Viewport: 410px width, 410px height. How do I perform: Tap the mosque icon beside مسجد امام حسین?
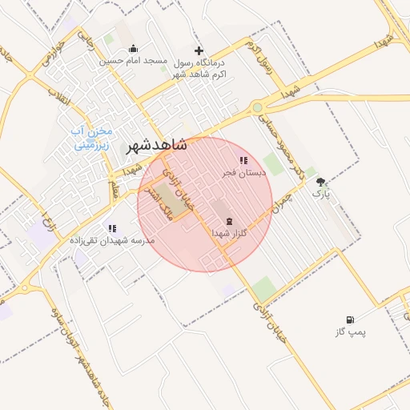click(132, 49)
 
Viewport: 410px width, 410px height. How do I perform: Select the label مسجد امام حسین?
click(133, 61)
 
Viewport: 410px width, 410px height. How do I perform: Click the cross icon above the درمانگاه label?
click(199, 50)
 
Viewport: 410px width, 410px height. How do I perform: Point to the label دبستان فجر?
click(243, 172)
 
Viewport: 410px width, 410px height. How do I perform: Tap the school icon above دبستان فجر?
click(243, 161)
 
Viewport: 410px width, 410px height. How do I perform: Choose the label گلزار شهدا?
click(229, 232)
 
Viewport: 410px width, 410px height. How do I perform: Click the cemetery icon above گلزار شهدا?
click(230, 220)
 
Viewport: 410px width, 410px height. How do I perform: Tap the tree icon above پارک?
click(321, 183)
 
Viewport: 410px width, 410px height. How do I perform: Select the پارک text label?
click(320, 194)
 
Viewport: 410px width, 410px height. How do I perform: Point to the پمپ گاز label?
click(349, 332)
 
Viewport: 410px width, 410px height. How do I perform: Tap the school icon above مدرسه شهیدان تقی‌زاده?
click(111, 228)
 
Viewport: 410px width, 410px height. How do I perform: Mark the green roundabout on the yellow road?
click(257, 107)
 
